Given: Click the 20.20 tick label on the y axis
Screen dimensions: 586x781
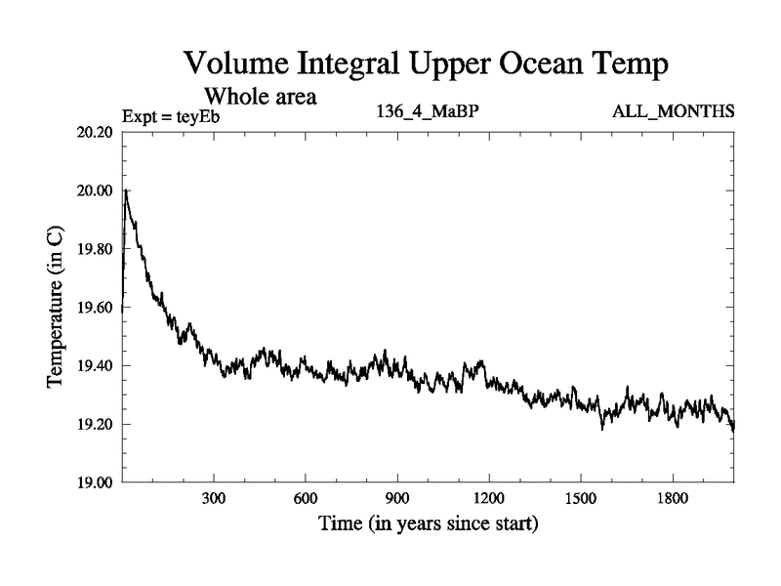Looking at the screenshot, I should coord(97,132).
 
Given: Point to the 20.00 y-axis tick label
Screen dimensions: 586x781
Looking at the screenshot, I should coord(97,190).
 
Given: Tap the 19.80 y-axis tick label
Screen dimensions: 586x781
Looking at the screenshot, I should coord(97,249).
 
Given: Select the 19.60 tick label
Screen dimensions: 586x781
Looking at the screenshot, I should coord(97,308).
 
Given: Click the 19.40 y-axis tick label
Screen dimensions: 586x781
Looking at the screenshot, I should coord(97,366).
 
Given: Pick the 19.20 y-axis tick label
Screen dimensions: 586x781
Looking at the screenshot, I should coord(97,424).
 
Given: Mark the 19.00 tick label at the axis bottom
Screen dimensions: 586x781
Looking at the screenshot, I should coord(97,482).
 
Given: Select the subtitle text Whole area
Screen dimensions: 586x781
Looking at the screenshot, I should coord(263,97).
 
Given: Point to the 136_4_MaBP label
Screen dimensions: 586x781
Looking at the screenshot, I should coord(428,111).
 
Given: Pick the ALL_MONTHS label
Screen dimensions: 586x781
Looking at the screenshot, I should coord(673,111).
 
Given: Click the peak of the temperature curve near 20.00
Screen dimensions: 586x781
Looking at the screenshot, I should coord(126,190).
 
